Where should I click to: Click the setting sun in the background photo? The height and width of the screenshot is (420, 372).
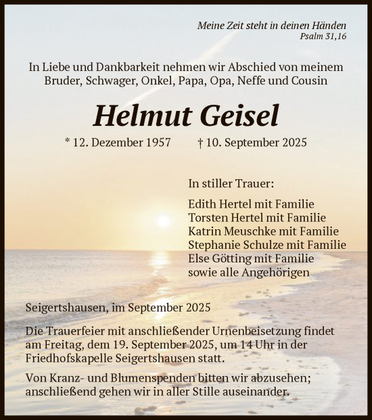click(x=162, y=221)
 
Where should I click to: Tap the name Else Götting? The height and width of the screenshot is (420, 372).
click(x=219, y=258)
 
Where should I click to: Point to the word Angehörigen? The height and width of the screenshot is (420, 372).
click(x=277, y=273)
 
